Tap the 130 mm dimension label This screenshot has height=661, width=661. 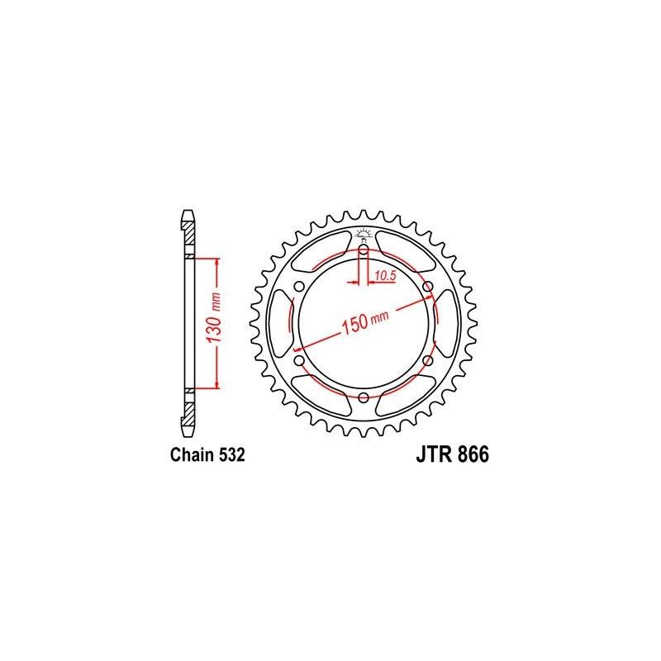[212, 322]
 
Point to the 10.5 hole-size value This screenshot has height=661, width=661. [385, 273]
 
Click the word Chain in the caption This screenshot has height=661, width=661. [190, 454]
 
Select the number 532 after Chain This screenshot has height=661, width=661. [229, 454]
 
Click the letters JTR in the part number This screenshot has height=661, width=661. [428, 454]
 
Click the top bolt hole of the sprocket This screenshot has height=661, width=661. [364, 249]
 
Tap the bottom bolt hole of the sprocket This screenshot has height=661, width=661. [364, 397]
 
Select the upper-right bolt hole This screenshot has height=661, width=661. [428, 286]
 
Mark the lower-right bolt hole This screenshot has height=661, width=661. [428, 360]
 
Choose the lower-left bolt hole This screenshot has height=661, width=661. [299, 360]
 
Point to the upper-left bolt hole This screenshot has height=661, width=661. [299, 286]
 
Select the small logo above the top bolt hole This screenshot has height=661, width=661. [364, 232]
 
